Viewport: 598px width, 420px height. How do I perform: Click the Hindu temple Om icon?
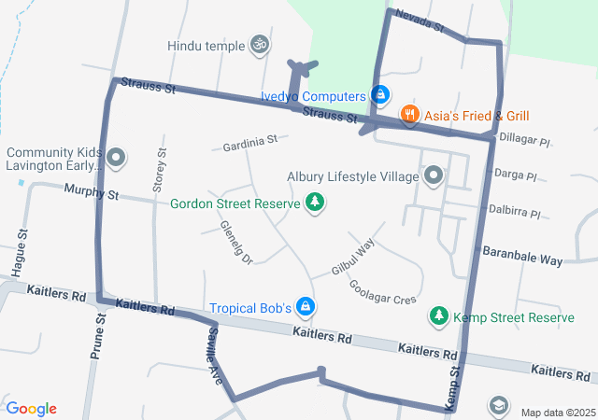[x=261, y=45]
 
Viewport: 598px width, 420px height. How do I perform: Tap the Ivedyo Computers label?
[x=312, y=96]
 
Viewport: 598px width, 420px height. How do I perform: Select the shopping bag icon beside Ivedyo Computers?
[x=380, y=94]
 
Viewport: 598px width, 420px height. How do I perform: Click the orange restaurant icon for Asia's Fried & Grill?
[x=409, y=116]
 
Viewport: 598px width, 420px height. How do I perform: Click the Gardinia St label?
[x=249, y=144]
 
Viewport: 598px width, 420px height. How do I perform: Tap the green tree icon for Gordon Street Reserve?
[x=315, y=203]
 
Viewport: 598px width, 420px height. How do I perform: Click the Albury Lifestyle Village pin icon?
[x=433, y=175]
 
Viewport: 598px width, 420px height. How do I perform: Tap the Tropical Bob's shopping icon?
[x=305, y=306]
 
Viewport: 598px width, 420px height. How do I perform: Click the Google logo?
[x=31, y=409]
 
